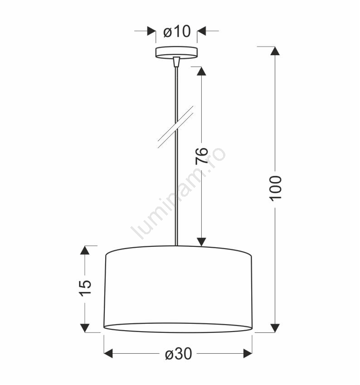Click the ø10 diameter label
(177, 31)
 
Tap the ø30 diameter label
(178, 354)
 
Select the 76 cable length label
(202, 156)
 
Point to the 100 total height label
(275, 188)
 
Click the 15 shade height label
(85, 288)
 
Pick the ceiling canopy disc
(176, 53)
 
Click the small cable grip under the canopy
(176, 62)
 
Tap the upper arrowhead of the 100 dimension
(275, 51)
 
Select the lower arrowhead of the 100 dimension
(275, 328)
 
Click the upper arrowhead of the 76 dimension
(201, 71)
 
